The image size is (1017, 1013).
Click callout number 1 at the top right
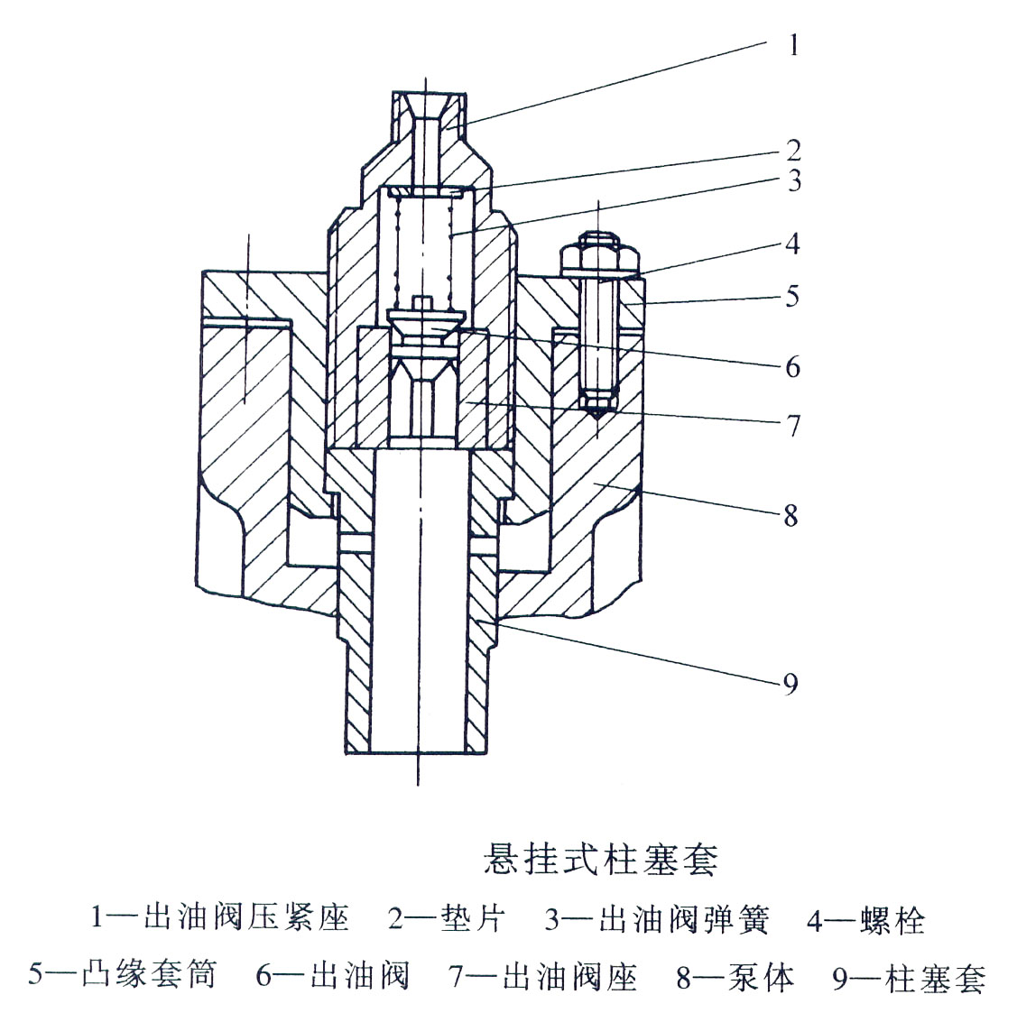point(793,45)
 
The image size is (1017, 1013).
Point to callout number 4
point(791,244)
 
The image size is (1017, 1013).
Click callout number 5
point(791,296)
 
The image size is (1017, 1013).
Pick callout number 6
point(792,366)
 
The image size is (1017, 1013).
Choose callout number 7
point(792,425)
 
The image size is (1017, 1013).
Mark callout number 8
point(790,516)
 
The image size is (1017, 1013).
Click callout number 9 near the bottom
point(790,685)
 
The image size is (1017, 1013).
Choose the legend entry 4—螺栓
point(865,921)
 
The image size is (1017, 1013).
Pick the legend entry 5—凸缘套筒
point(123,975)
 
